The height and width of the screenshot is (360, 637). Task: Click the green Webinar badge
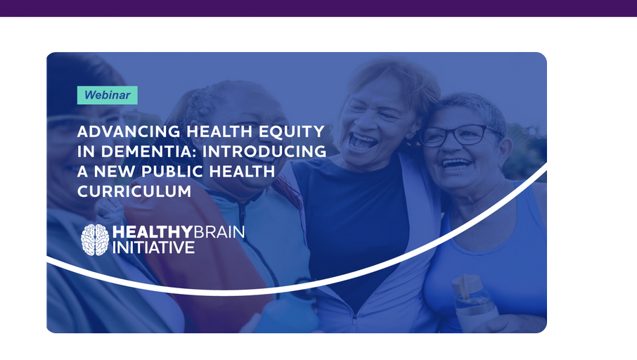tap(108, 95)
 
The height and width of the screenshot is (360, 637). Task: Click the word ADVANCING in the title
tap(129, 131)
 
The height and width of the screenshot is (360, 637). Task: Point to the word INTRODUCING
tap(264, 152)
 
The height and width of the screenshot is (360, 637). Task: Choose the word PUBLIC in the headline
tap(172, 172)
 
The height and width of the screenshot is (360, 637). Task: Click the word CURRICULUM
tap(134, 191)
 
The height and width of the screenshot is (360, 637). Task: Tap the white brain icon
tap(95, 240)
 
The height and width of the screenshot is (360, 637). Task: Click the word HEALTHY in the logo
tap(153, 232)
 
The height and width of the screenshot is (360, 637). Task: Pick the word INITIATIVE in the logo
tap(153, 247)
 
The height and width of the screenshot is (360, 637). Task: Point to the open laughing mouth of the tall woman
tap(362, 142)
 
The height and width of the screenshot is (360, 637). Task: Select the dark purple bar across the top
tap(318, 8)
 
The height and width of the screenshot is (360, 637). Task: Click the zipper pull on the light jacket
tap(354, 317)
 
